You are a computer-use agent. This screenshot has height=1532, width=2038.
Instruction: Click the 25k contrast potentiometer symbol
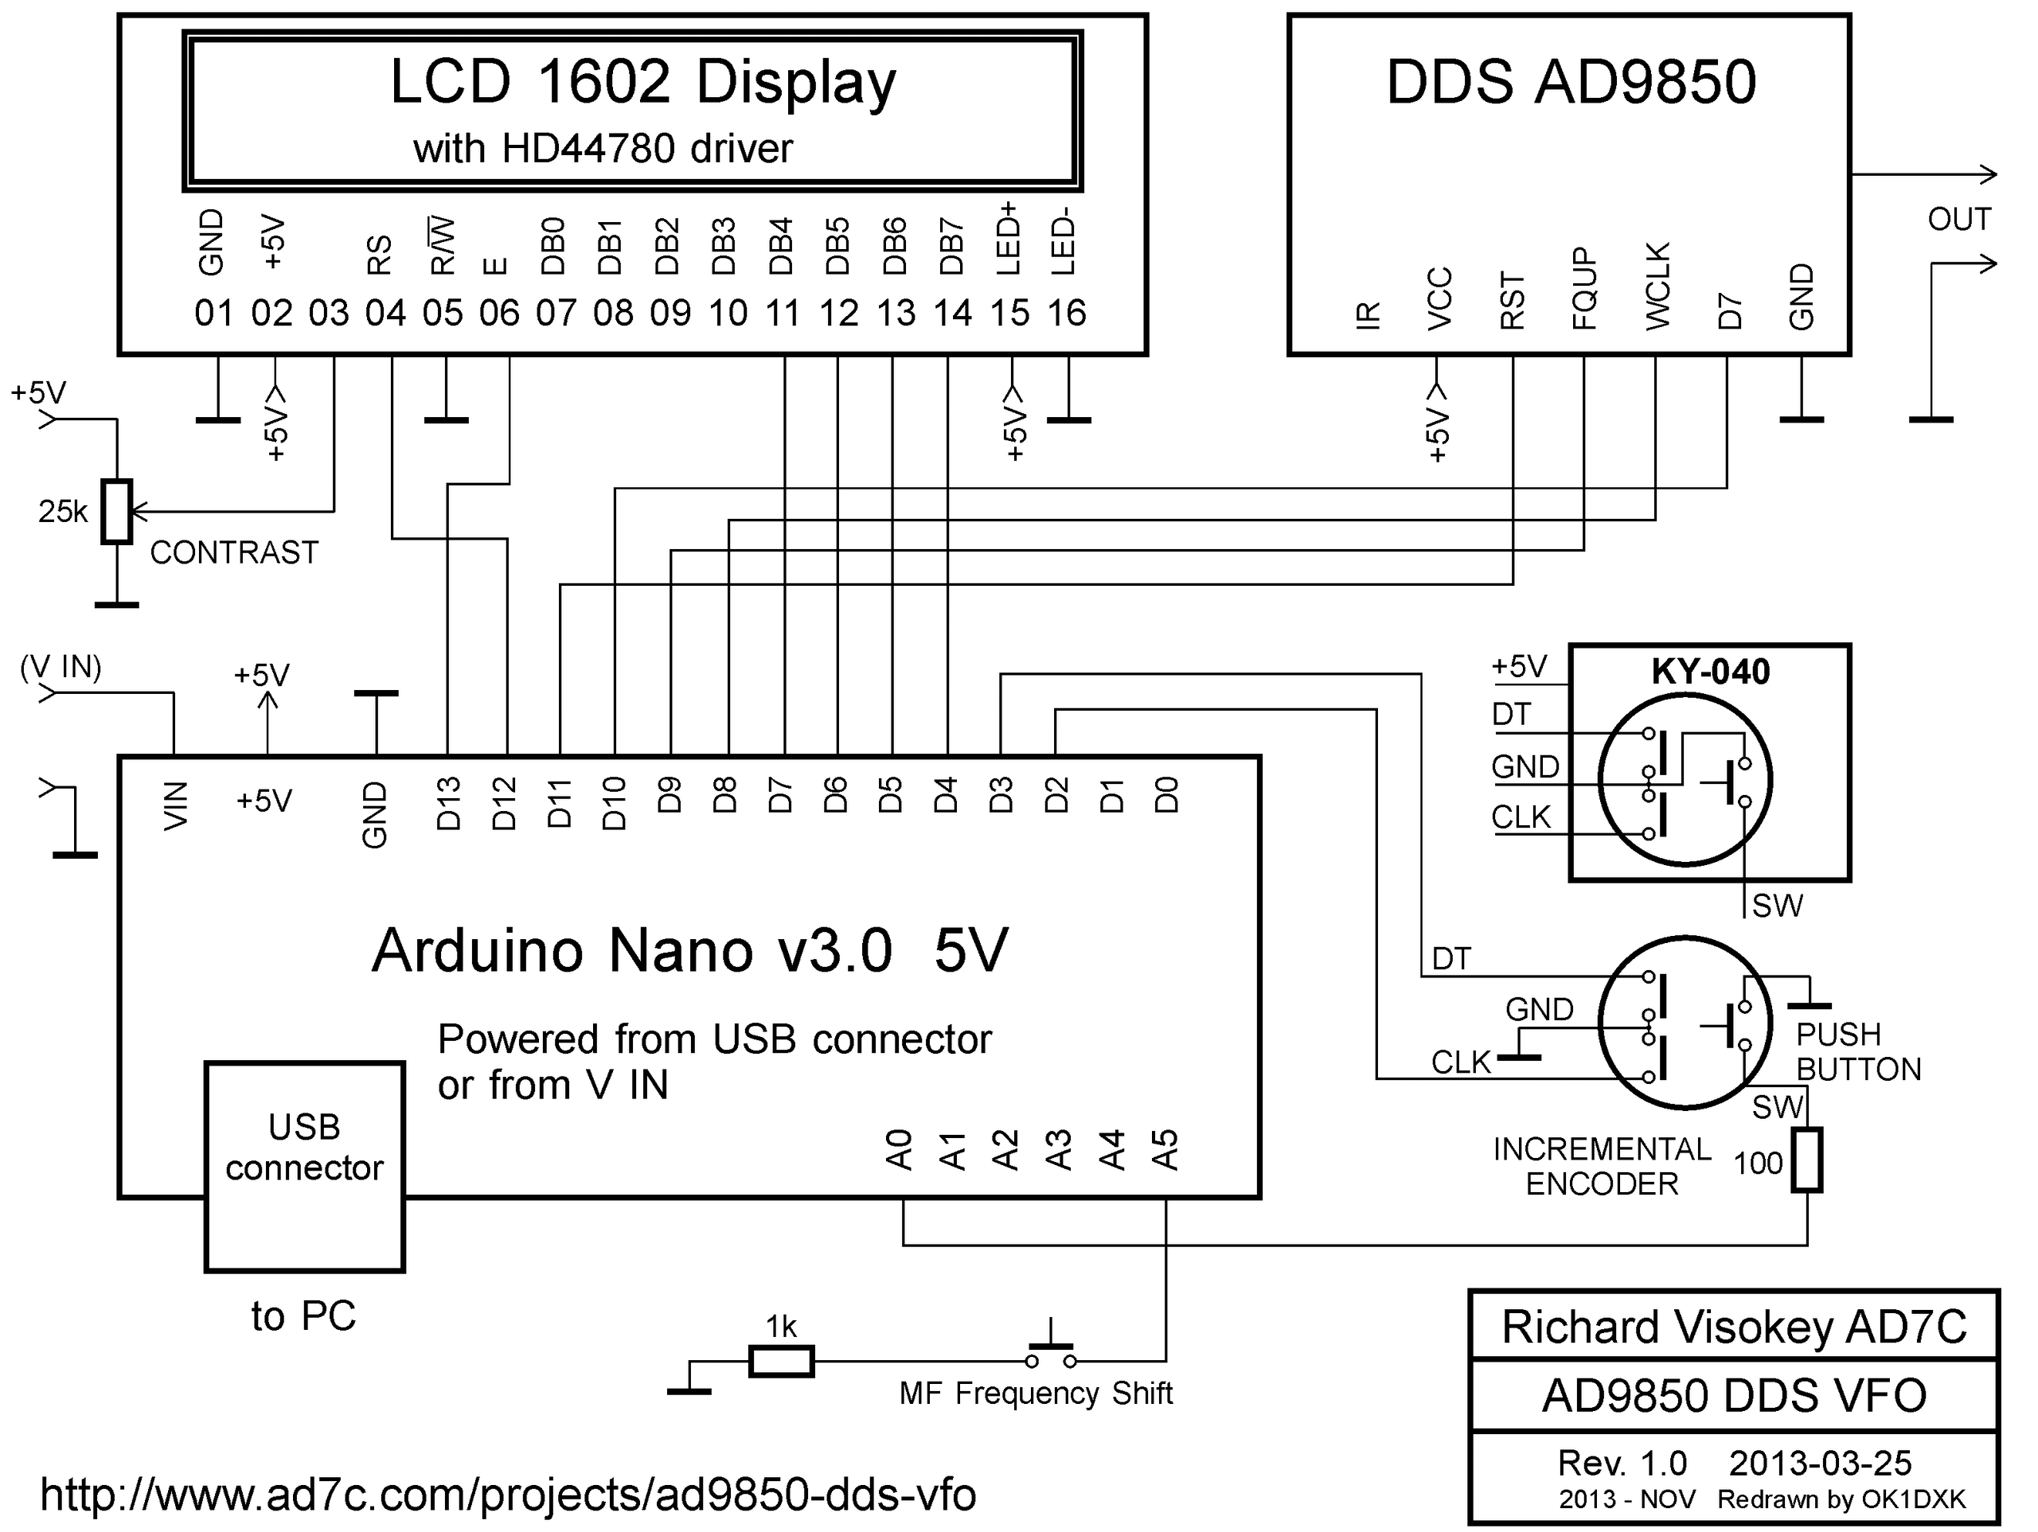(x=117, y=511)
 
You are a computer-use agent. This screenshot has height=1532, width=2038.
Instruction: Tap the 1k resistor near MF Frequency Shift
(x=780, y=1361)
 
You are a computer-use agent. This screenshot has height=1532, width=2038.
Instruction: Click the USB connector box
(x=304, y=1166)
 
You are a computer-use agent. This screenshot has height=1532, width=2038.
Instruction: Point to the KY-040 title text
(x=1710, y=672)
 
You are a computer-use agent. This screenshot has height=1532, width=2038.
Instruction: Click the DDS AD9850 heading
(x=1571, y=82)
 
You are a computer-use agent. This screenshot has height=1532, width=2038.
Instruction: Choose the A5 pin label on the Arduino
(x=1166, y=1150)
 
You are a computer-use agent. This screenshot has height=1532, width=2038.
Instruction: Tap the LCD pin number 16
(x=1066, y=314)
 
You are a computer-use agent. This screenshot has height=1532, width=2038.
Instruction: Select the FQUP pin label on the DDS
(x=1583, y=288)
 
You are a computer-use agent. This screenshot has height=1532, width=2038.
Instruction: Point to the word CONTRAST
(x=234, y=553)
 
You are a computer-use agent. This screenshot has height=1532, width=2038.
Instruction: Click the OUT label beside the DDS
(x=1958, y=219)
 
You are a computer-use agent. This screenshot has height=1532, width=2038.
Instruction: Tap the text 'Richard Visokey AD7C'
(x=1734, y=1327)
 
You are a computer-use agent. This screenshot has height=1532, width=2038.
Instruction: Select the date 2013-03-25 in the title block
(x=1820, y=1463)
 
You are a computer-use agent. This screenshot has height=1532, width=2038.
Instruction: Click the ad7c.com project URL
(x=508, y=1495)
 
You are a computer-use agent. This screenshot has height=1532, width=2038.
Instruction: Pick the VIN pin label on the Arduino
(x=175, y=805)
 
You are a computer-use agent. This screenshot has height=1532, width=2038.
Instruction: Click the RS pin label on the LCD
(x=380, y=255)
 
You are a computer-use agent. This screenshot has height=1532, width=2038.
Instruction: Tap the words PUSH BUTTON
(x=1857, y=1051)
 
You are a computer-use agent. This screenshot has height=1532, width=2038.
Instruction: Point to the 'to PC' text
(x=303, y=1316)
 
